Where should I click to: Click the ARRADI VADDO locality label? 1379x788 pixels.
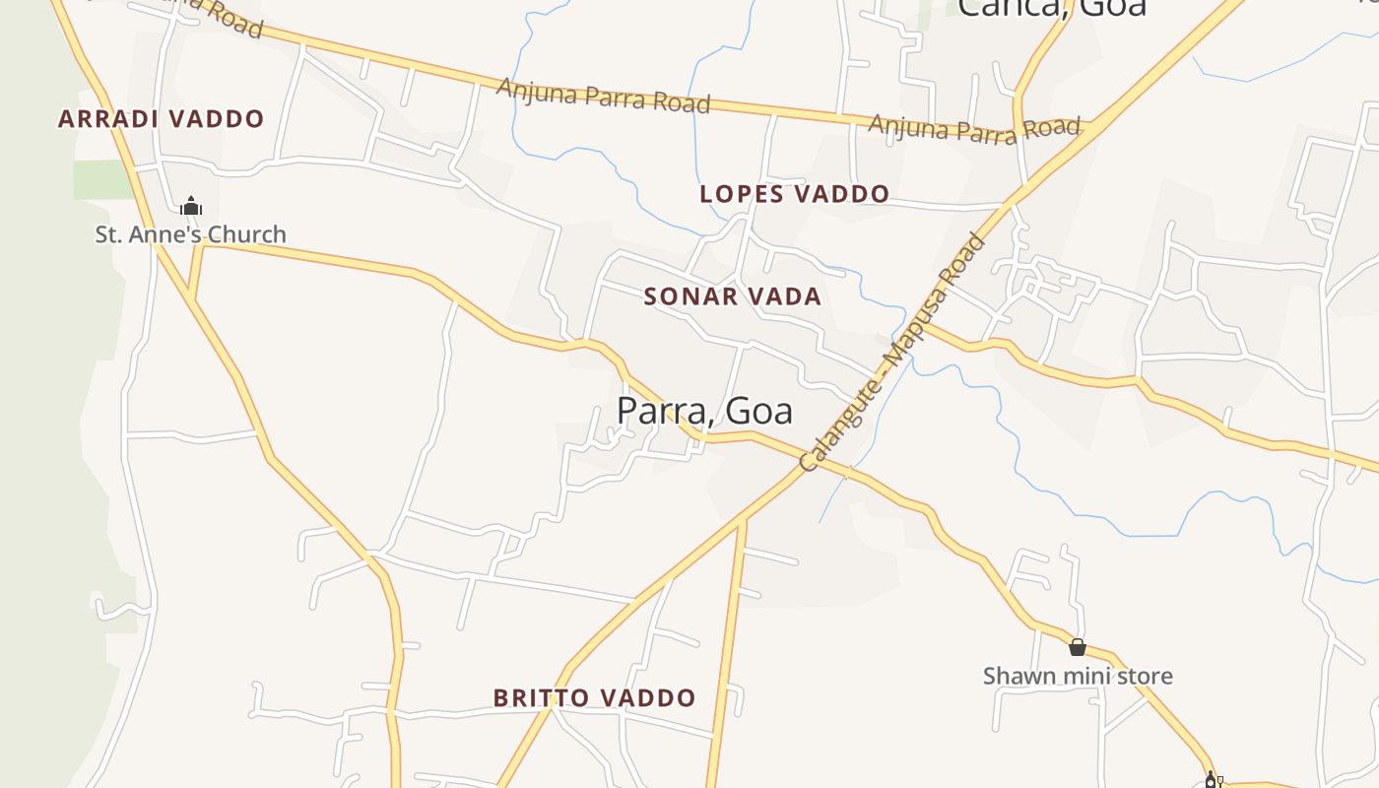tap(162, 119)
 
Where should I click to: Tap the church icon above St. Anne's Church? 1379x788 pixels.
tap(191, 207)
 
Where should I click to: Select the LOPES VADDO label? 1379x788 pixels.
tap(794, 194)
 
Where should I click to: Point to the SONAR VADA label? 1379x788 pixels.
tap(732, 296)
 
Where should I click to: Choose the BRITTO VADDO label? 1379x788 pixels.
tap(594, 698)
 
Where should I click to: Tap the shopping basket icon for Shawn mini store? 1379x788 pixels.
tap(1078, 647)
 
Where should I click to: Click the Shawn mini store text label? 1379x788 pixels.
tap(1078, 676)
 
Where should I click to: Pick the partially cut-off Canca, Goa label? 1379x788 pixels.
tap(1052, 8)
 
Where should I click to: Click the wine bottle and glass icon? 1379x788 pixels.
tap(1213, 780)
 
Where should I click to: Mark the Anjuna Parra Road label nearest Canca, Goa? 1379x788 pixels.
tap(974, 128)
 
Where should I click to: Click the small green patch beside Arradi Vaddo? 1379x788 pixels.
tap(101, 179)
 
